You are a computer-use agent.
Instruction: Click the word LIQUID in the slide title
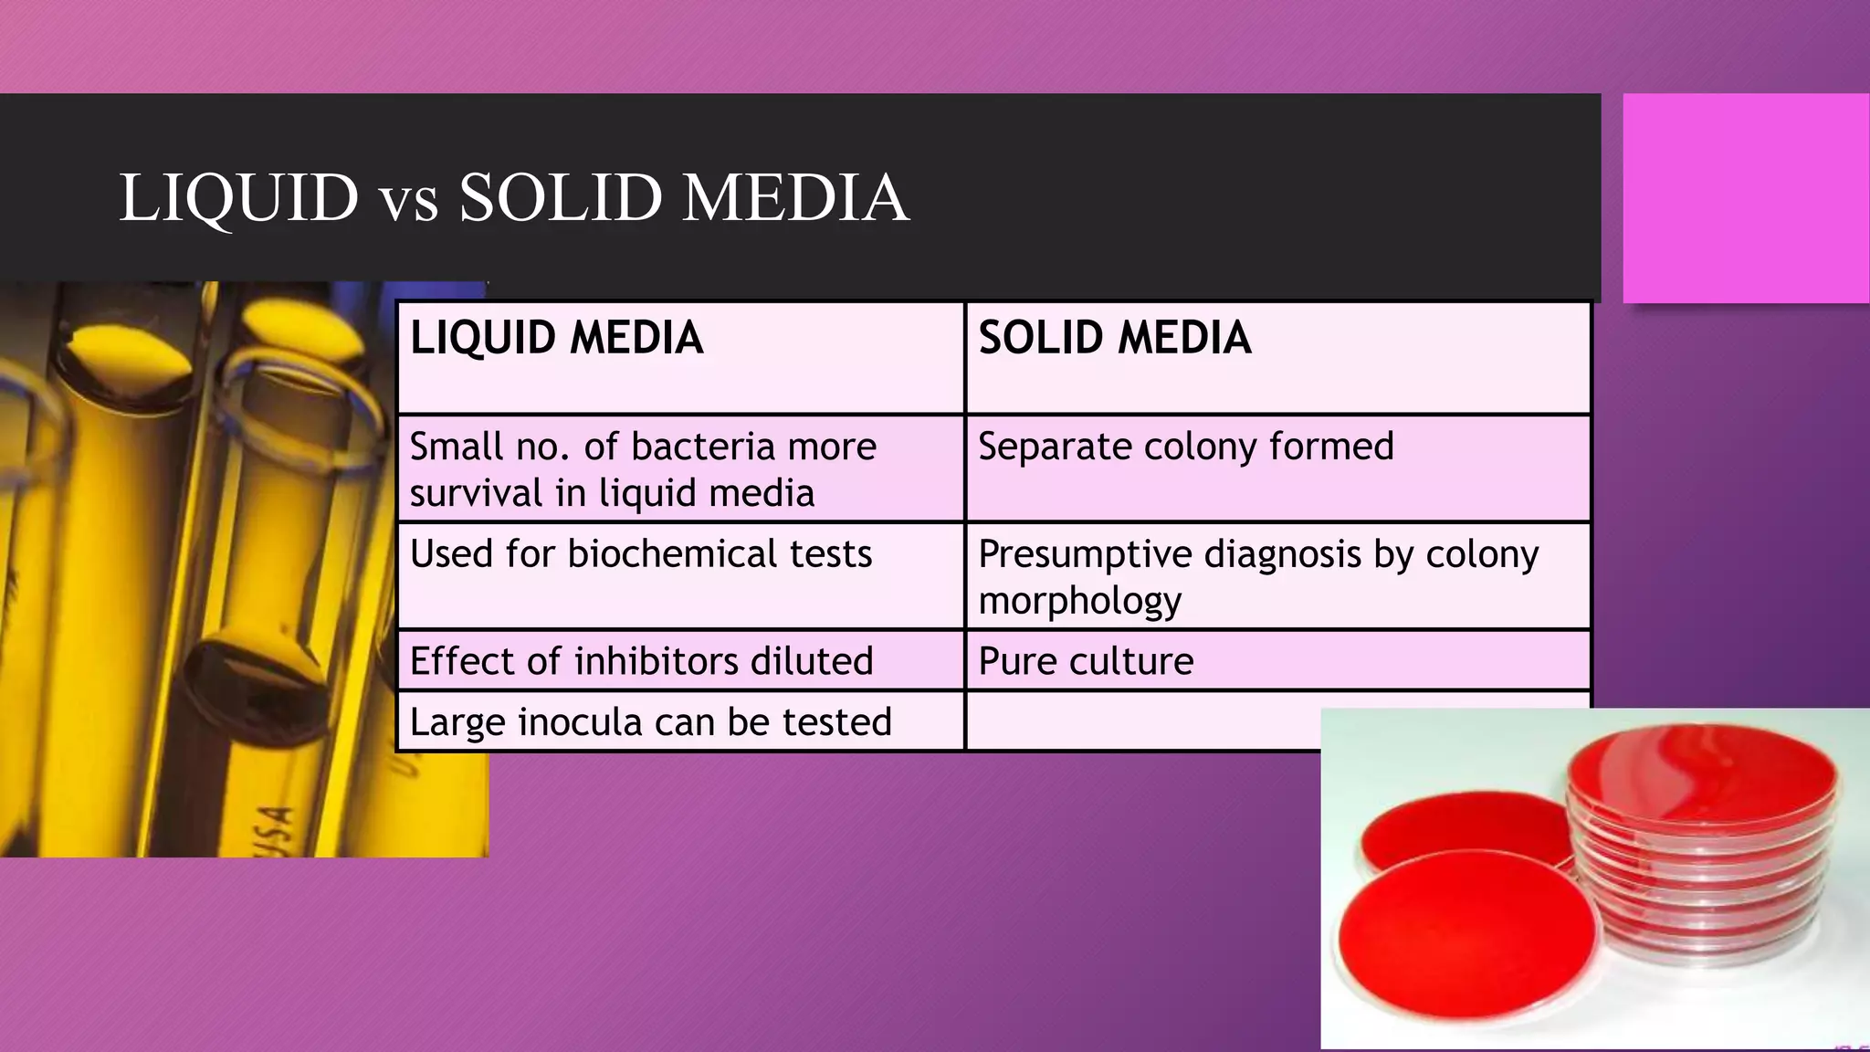coord(239,198)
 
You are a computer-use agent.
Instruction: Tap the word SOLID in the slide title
coord(560,198)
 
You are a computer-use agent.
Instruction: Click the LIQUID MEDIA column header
coord(556,338)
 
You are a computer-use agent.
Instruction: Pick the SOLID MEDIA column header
coord(1114,338)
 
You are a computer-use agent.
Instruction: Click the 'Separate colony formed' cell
coord(1185,447)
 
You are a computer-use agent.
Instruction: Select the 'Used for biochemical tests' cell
coord(640,554)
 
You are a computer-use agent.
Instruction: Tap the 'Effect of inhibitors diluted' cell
coord(641,661)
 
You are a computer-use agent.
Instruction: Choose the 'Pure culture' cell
coord(1086,661)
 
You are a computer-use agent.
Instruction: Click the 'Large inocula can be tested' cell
coord(650,722)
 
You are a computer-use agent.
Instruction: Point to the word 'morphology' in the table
coord(1079,601)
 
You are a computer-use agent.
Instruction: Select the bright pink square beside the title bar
coord(1746,198)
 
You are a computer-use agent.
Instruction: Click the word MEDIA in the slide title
coord(795,198)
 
